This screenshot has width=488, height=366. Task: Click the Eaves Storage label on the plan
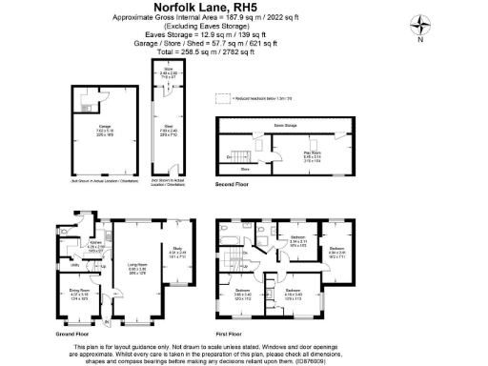point(284,126)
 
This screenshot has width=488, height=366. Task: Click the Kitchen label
point(95,243)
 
